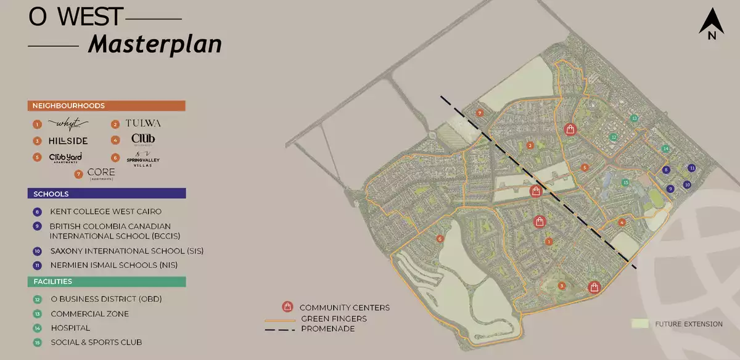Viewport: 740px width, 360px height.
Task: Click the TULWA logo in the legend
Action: [143, 123]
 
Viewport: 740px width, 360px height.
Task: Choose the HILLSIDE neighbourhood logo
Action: [68, 141]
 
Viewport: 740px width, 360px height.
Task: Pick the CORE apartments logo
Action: [101, 173]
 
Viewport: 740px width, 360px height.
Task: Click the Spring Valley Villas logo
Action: [143, 158]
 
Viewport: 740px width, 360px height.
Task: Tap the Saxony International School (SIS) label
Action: [126, 251]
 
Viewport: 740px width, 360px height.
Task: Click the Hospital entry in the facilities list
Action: [70, 328]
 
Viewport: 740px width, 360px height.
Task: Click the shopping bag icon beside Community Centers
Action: [287, 307]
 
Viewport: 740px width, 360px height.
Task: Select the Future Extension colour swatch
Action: [640, 324]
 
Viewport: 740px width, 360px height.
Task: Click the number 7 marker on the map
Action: [480, 113]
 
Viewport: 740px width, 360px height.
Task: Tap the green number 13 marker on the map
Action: [633, 118]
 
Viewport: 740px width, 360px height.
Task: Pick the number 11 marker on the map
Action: [692, 168]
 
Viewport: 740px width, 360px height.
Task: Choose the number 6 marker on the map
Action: [440, 239]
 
